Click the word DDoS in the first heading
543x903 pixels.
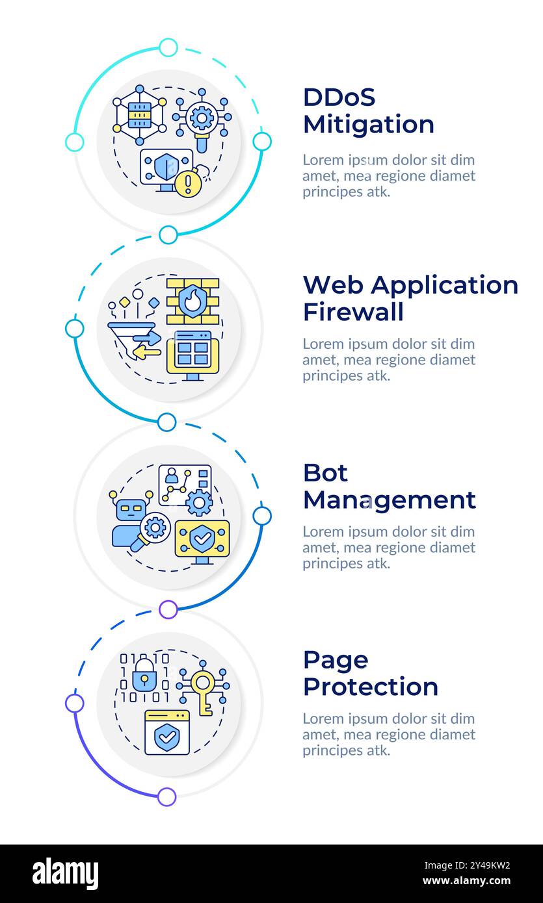pyautogui.click(x=339, y=97)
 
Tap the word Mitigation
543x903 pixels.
pyautogui.click(x=368, y=124)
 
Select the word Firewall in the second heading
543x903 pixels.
pyautogui.click(x=353, y=312)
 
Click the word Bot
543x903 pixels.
pyautogui.click(x=325, y=473)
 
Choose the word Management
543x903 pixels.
pyautogui.click(x=389, y=500)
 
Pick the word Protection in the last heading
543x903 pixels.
pyautogui.click(x=370, y=687)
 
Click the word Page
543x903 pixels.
pyautogui.click(x=336, y=661)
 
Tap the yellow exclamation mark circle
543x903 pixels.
pyautogui.click(x=189, y=184)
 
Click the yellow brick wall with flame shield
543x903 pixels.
pyautogui.click(x=192, y=301)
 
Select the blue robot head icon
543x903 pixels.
pyautogui.click(x=129, y=508)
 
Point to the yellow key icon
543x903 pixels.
pyautogui.click(x=203, y=691)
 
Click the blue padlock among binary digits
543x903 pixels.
pyautogui.click(x=144, y=677)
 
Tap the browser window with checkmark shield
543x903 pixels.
pyautogui.click(x=167, y=732)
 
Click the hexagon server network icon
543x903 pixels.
pyautogui.click(x=139, y=115)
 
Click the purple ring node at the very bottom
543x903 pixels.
pyautogui.click(x=167, y=796)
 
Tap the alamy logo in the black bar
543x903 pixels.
pyautogui.click(x=66, y=873)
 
